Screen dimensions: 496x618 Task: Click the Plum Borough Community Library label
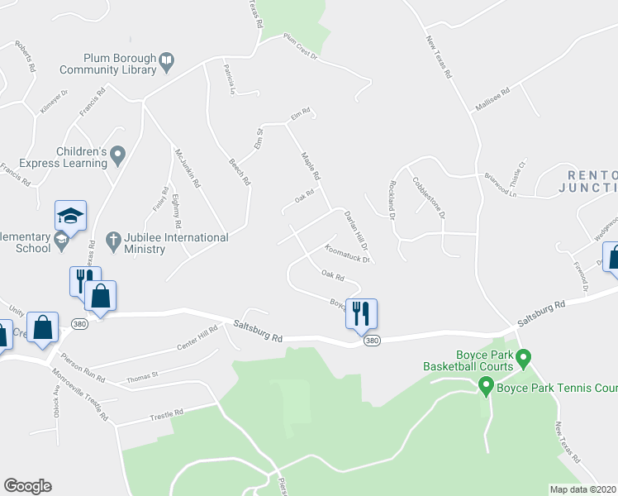point(119,64)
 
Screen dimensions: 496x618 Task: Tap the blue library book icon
point(167,60)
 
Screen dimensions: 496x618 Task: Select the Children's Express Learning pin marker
point(118,153)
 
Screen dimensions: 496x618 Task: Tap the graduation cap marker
point(70,217)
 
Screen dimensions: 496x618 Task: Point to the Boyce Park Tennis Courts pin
point(486,386)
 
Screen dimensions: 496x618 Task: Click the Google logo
point(27,486)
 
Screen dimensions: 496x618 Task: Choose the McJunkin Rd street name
point(187,167)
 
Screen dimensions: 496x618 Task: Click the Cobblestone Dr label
point(429,195)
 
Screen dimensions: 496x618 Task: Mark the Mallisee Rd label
point(495,101)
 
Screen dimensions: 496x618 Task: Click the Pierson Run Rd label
point(87,368)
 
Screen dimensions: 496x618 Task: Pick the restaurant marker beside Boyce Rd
point(361,313)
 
